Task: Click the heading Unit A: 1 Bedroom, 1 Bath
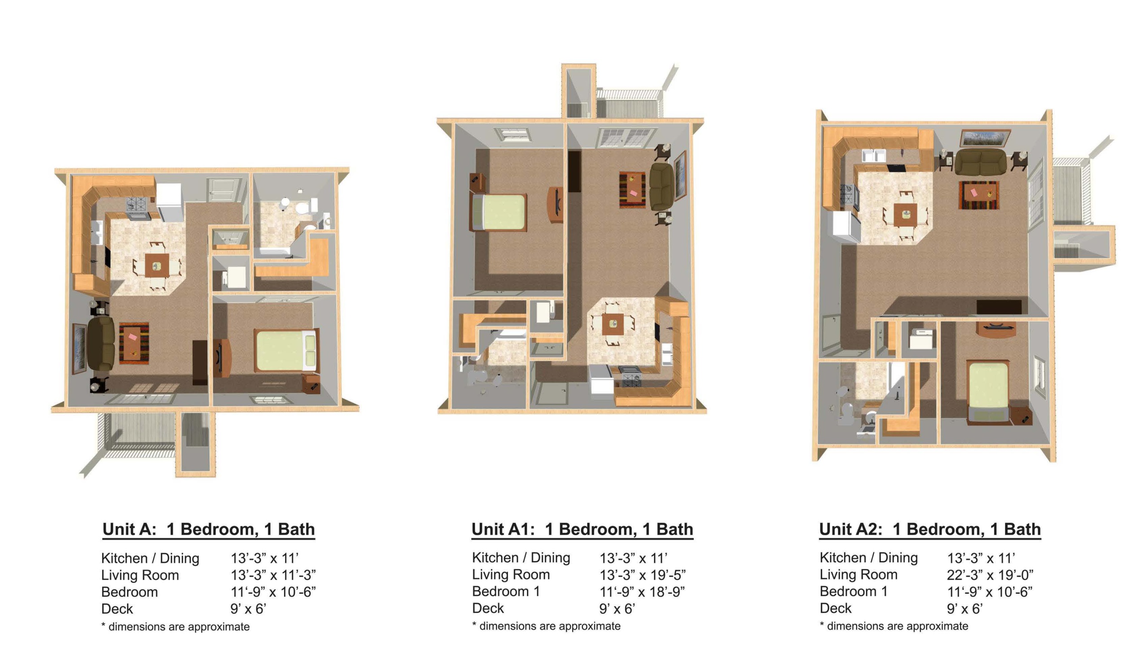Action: coord(208,529)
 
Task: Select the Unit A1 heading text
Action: coord(582,529)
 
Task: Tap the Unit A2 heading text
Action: coord(930,529)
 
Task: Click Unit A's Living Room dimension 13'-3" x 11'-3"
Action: coord(273,575)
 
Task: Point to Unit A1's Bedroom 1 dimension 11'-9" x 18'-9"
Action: coord(642,591)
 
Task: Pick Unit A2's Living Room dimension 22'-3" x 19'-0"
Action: coord(990,575)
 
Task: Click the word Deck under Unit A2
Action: coord(836,608)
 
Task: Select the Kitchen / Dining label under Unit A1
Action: coord(521,558)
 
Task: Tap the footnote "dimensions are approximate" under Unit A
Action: coord(179,627)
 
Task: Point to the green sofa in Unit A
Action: coord(101,344)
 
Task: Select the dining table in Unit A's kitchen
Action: coord(157,265)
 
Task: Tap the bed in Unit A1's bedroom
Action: coord(499,213)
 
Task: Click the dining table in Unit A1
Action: coord(612,324)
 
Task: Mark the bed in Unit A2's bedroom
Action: coord(988,391)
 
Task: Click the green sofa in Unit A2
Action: coord(980,162)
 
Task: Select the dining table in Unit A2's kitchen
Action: coord(905,215)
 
